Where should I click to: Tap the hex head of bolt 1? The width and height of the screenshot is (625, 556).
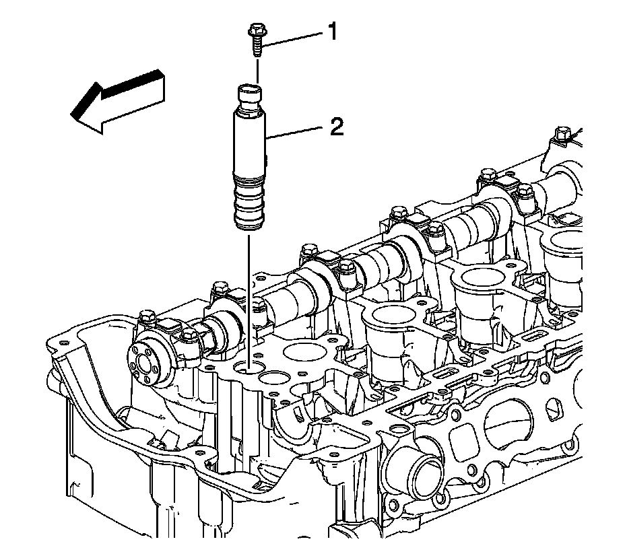click(x=257, y=30)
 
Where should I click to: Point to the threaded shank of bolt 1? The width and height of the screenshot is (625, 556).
click(x=257, y=46)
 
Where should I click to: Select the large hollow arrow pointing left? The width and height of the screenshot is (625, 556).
click(x=117, y=100)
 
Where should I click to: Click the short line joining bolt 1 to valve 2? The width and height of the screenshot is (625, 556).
click(x=256, y=69)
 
